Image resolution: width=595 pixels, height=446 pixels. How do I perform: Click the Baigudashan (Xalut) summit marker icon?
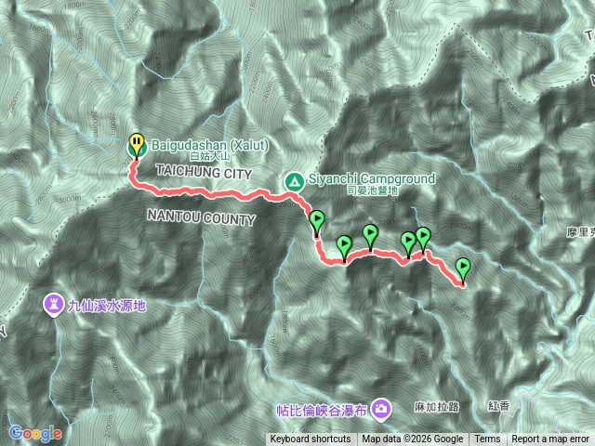click(137, 145)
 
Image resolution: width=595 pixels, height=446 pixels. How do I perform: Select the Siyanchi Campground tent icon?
click(293, 180)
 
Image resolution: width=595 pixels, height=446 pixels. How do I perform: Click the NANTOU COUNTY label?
click(201, 218)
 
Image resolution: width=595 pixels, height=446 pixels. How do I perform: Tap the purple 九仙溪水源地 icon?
click(55, 304)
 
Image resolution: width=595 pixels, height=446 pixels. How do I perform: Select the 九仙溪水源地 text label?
click(108, 304)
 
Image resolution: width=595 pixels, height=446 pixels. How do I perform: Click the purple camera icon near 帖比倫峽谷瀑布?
click(381, 408)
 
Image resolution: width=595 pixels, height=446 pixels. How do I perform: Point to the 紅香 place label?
click(499, 407)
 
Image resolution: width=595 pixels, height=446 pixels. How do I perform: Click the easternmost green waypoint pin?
click(463, 269)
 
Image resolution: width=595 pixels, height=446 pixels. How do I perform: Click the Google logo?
click(35, 432)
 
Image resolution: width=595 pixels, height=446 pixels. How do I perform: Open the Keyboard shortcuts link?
click(311, 439)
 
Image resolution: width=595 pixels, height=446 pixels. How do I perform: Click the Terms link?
click(487, 439)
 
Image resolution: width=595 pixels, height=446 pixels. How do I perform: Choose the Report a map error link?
click(550, 439)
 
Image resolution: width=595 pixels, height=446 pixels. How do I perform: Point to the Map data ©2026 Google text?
click(413, 439)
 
